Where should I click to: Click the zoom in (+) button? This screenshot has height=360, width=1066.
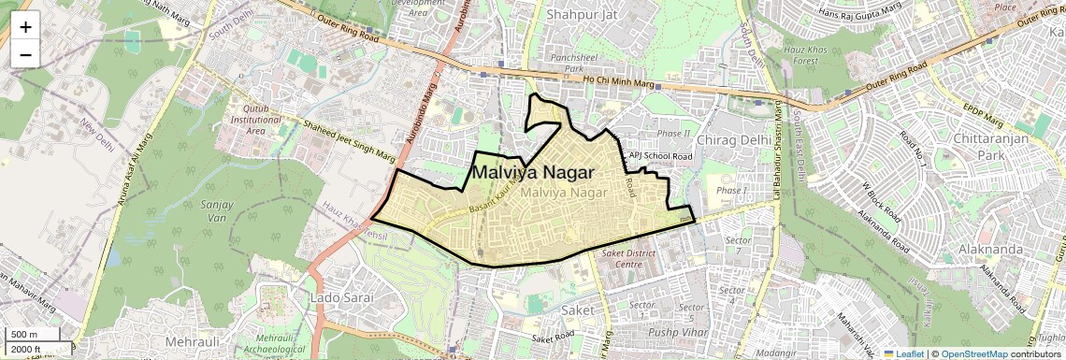25,27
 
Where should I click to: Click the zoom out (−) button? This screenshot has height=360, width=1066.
25,54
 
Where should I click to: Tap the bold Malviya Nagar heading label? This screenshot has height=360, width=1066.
532,173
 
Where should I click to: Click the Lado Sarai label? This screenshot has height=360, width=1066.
340,296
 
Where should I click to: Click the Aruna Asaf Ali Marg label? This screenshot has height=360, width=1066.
130,215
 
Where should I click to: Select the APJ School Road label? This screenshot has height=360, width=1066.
660,156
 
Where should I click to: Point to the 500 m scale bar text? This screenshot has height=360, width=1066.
25,335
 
